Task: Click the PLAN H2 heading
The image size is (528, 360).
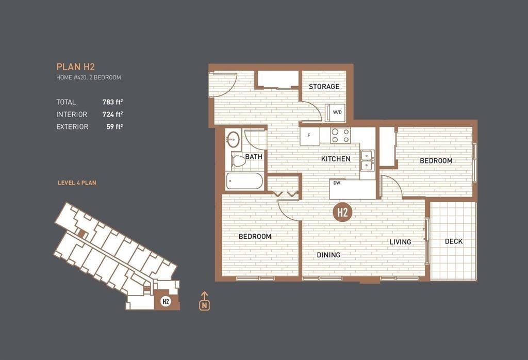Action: [x=75, y=67]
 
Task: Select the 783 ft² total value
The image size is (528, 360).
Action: [x=112, y=102]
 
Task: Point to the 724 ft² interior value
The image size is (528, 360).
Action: [x=112, y=114]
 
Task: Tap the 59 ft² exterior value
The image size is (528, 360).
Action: [x=114, y=127]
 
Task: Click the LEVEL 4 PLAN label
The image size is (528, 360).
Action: [x=77, y=183]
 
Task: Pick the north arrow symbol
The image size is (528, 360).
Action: [x=205, y=301]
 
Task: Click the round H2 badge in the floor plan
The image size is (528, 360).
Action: [x=341, y=212]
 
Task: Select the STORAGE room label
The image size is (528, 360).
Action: [x=324, y=87]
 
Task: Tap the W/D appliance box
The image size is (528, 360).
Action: [x=337, y=112]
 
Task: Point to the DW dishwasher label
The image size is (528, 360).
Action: [x=337, y=183]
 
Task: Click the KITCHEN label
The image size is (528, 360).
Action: [x=336, y=159]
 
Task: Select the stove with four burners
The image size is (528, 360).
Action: [x=340, y=136]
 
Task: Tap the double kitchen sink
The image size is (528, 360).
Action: [x=368, y=160]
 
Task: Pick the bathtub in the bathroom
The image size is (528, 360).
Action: [x=244, y=182]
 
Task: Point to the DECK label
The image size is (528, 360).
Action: [x=453, y=241]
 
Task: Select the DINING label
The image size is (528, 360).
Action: [x=328, y=255]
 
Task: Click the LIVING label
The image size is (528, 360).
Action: [x=400, y=242]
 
